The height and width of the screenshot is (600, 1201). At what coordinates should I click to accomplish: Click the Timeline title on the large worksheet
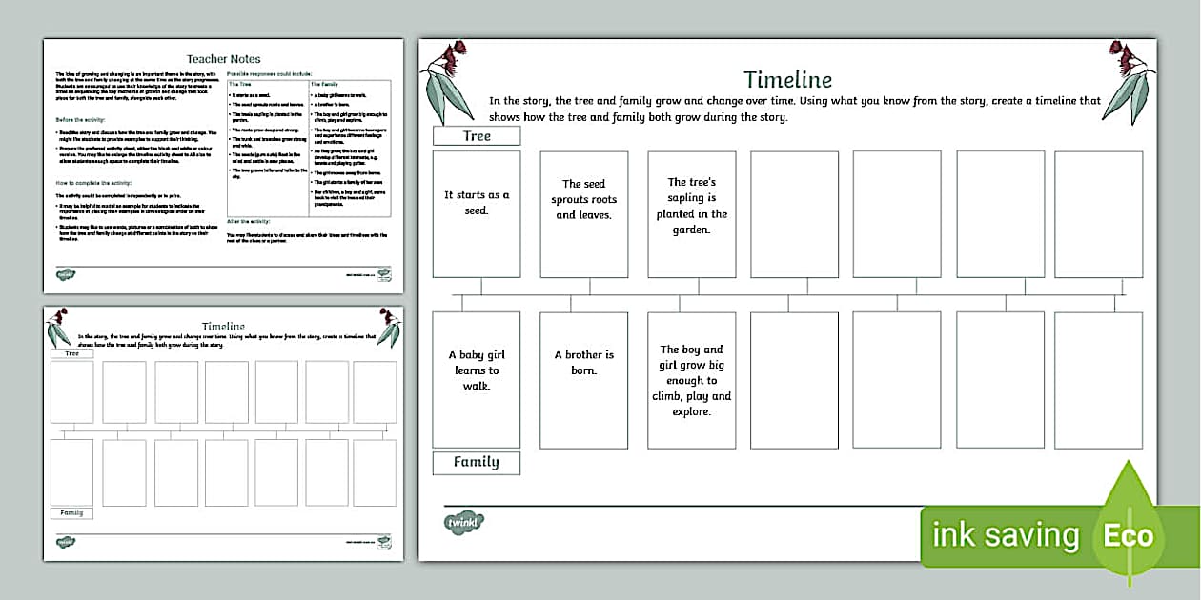(787, 79)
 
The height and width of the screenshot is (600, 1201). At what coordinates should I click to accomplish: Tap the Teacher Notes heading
(223, 59)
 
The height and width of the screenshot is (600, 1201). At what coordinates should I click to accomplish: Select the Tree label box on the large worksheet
(477, 136)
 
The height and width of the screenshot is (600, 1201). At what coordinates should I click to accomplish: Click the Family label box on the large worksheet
(477, 463)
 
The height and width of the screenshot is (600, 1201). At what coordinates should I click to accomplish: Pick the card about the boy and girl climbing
(692, 379)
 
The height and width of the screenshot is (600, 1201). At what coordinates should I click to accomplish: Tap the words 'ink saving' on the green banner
(1006, 535)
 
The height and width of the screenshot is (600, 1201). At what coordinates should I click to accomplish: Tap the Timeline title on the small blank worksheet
(223, 327)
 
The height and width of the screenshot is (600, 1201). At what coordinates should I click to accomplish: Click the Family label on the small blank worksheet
(72, 513)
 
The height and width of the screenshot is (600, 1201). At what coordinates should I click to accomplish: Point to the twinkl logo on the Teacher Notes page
(65, 275)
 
